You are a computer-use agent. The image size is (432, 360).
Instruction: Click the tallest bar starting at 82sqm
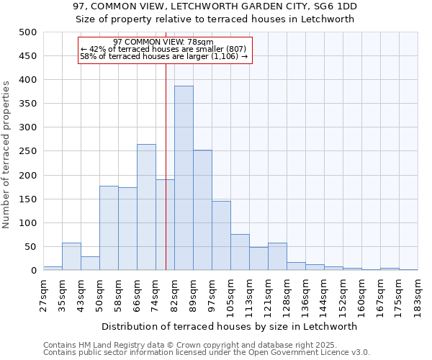(x=184, y=178)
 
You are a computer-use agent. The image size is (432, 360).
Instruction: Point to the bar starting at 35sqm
(x=71, y=256)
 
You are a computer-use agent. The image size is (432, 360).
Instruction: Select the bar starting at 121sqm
(x=277, y=256)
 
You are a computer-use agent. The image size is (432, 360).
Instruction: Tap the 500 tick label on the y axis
(x=28, y=32)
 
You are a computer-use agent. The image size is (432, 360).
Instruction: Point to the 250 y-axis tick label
(x=28, y=151)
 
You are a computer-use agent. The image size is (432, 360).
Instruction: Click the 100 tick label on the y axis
(x=28, y=223)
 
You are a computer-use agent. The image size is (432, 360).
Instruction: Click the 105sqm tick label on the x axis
(x=230, y=295)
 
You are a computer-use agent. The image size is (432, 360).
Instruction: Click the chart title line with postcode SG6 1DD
(x=215, y=6)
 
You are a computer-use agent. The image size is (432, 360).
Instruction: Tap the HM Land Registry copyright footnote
(x=206, y=345)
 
